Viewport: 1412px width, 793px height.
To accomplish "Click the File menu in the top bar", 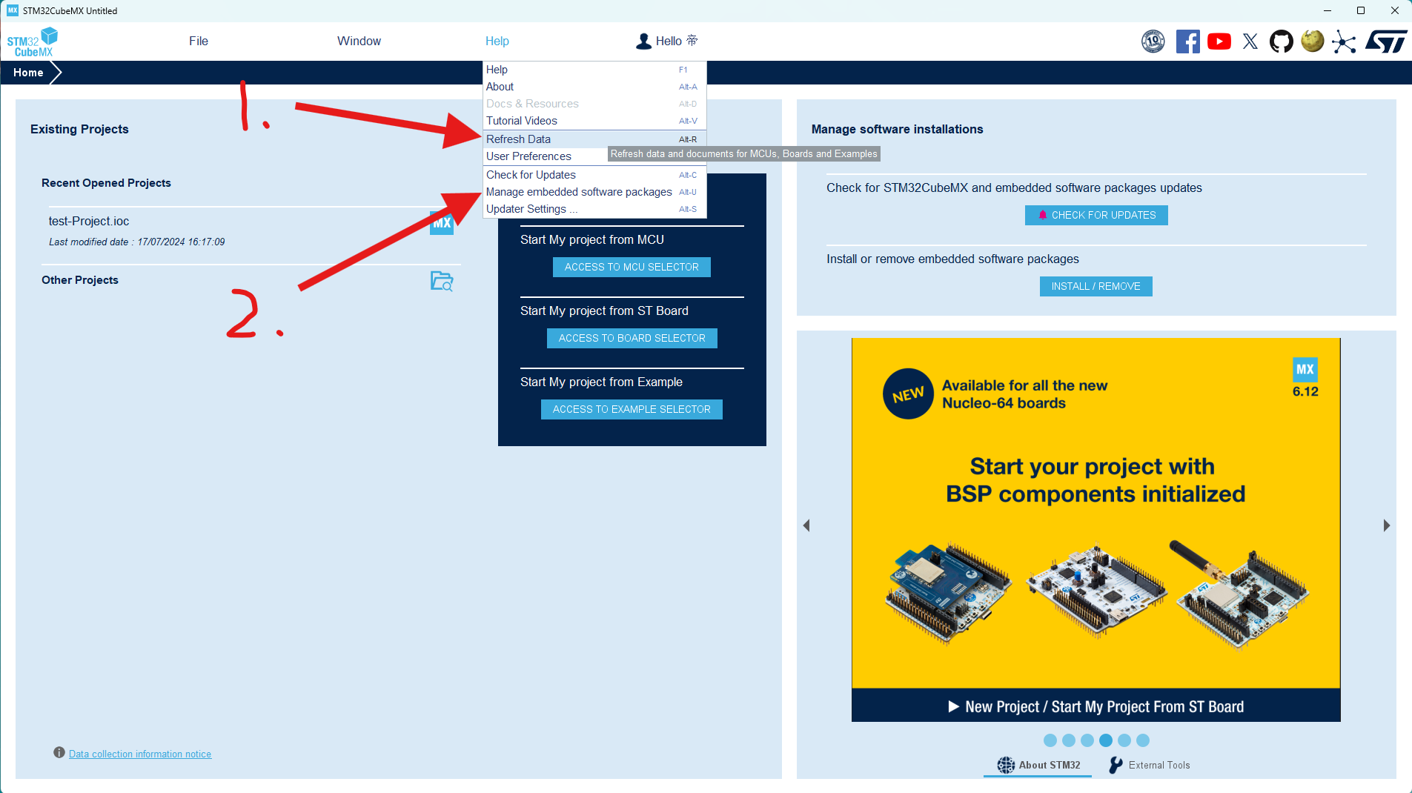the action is [199, 42].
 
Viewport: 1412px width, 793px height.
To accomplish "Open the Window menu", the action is [359, 42].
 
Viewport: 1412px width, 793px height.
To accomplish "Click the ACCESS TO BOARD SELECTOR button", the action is [632, 338].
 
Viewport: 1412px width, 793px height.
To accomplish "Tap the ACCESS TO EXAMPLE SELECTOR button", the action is [632, 409].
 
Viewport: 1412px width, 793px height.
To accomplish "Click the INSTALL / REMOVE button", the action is [1096, 286].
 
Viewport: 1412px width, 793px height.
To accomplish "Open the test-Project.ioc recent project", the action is [89, 221].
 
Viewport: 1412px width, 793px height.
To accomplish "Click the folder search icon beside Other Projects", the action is [442, 281].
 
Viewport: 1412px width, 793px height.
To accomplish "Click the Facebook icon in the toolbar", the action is [1187, 42].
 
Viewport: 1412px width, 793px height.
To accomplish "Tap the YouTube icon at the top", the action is [1219, 42].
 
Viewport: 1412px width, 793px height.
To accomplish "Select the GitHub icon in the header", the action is [1281, 42].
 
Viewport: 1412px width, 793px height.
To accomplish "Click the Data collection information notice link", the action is [140, 754].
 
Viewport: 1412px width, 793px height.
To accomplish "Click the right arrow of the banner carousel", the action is [1387, 525].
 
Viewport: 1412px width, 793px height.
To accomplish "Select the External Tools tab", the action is [1150, 765].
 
